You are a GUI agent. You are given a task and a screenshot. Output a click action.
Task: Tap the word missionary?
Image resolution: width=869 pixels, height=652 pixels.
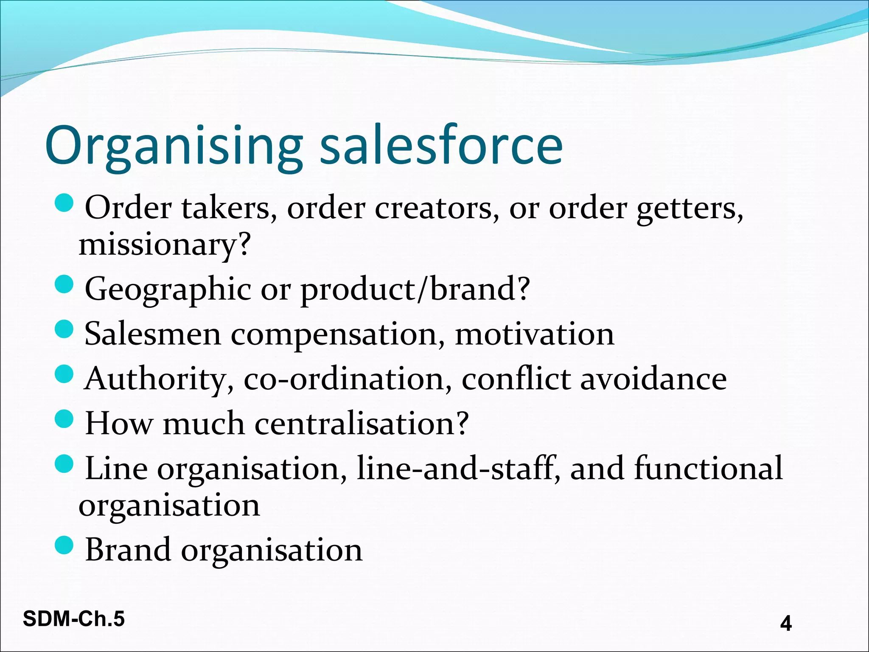(165, 245)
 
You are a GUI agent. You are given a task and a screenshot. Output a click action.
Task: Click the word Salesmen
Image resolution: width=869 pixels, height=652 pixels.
(153, 334)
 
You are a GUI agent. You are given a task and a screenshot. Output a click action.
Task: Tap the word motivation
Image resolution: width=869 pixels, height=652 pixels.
(535, 334)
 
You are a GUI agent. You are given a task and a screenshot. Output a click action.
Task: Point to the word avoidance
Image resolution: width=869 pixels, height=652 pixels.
(653, 379)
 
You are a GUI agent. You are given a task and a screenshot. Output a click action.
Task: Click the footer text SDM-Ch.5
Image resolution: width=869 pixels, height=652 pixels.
(74, 619)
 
